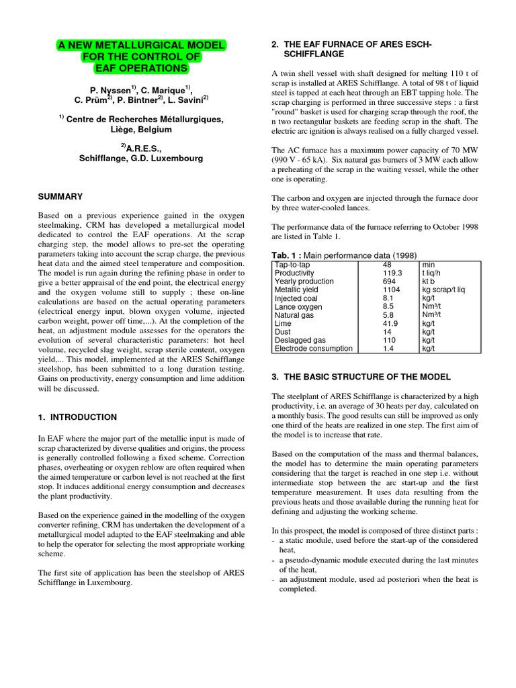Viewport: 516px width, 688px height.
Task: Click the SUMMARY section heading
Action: (x=60, y=197)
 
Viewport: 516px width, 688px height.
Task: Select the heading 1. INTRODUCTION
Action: (x=77, y=417)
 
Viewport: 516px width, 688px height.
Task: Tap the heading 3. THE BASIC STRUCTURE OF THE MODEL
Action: (x=361, y=377)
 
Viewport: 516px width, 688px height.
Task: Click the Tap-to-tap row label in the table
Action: (x=294, y=265)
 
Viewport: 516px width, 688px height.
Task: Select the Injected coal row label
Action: (x=298, y=298)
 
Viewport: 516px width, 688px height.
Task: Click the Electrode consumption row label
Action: (x=313, y=348)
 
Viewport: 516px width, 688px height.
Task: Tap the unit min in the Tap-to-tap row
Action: (x=428, y=265)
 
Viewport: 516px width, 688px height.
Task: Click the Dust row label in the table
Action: (x=284, y=332)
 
